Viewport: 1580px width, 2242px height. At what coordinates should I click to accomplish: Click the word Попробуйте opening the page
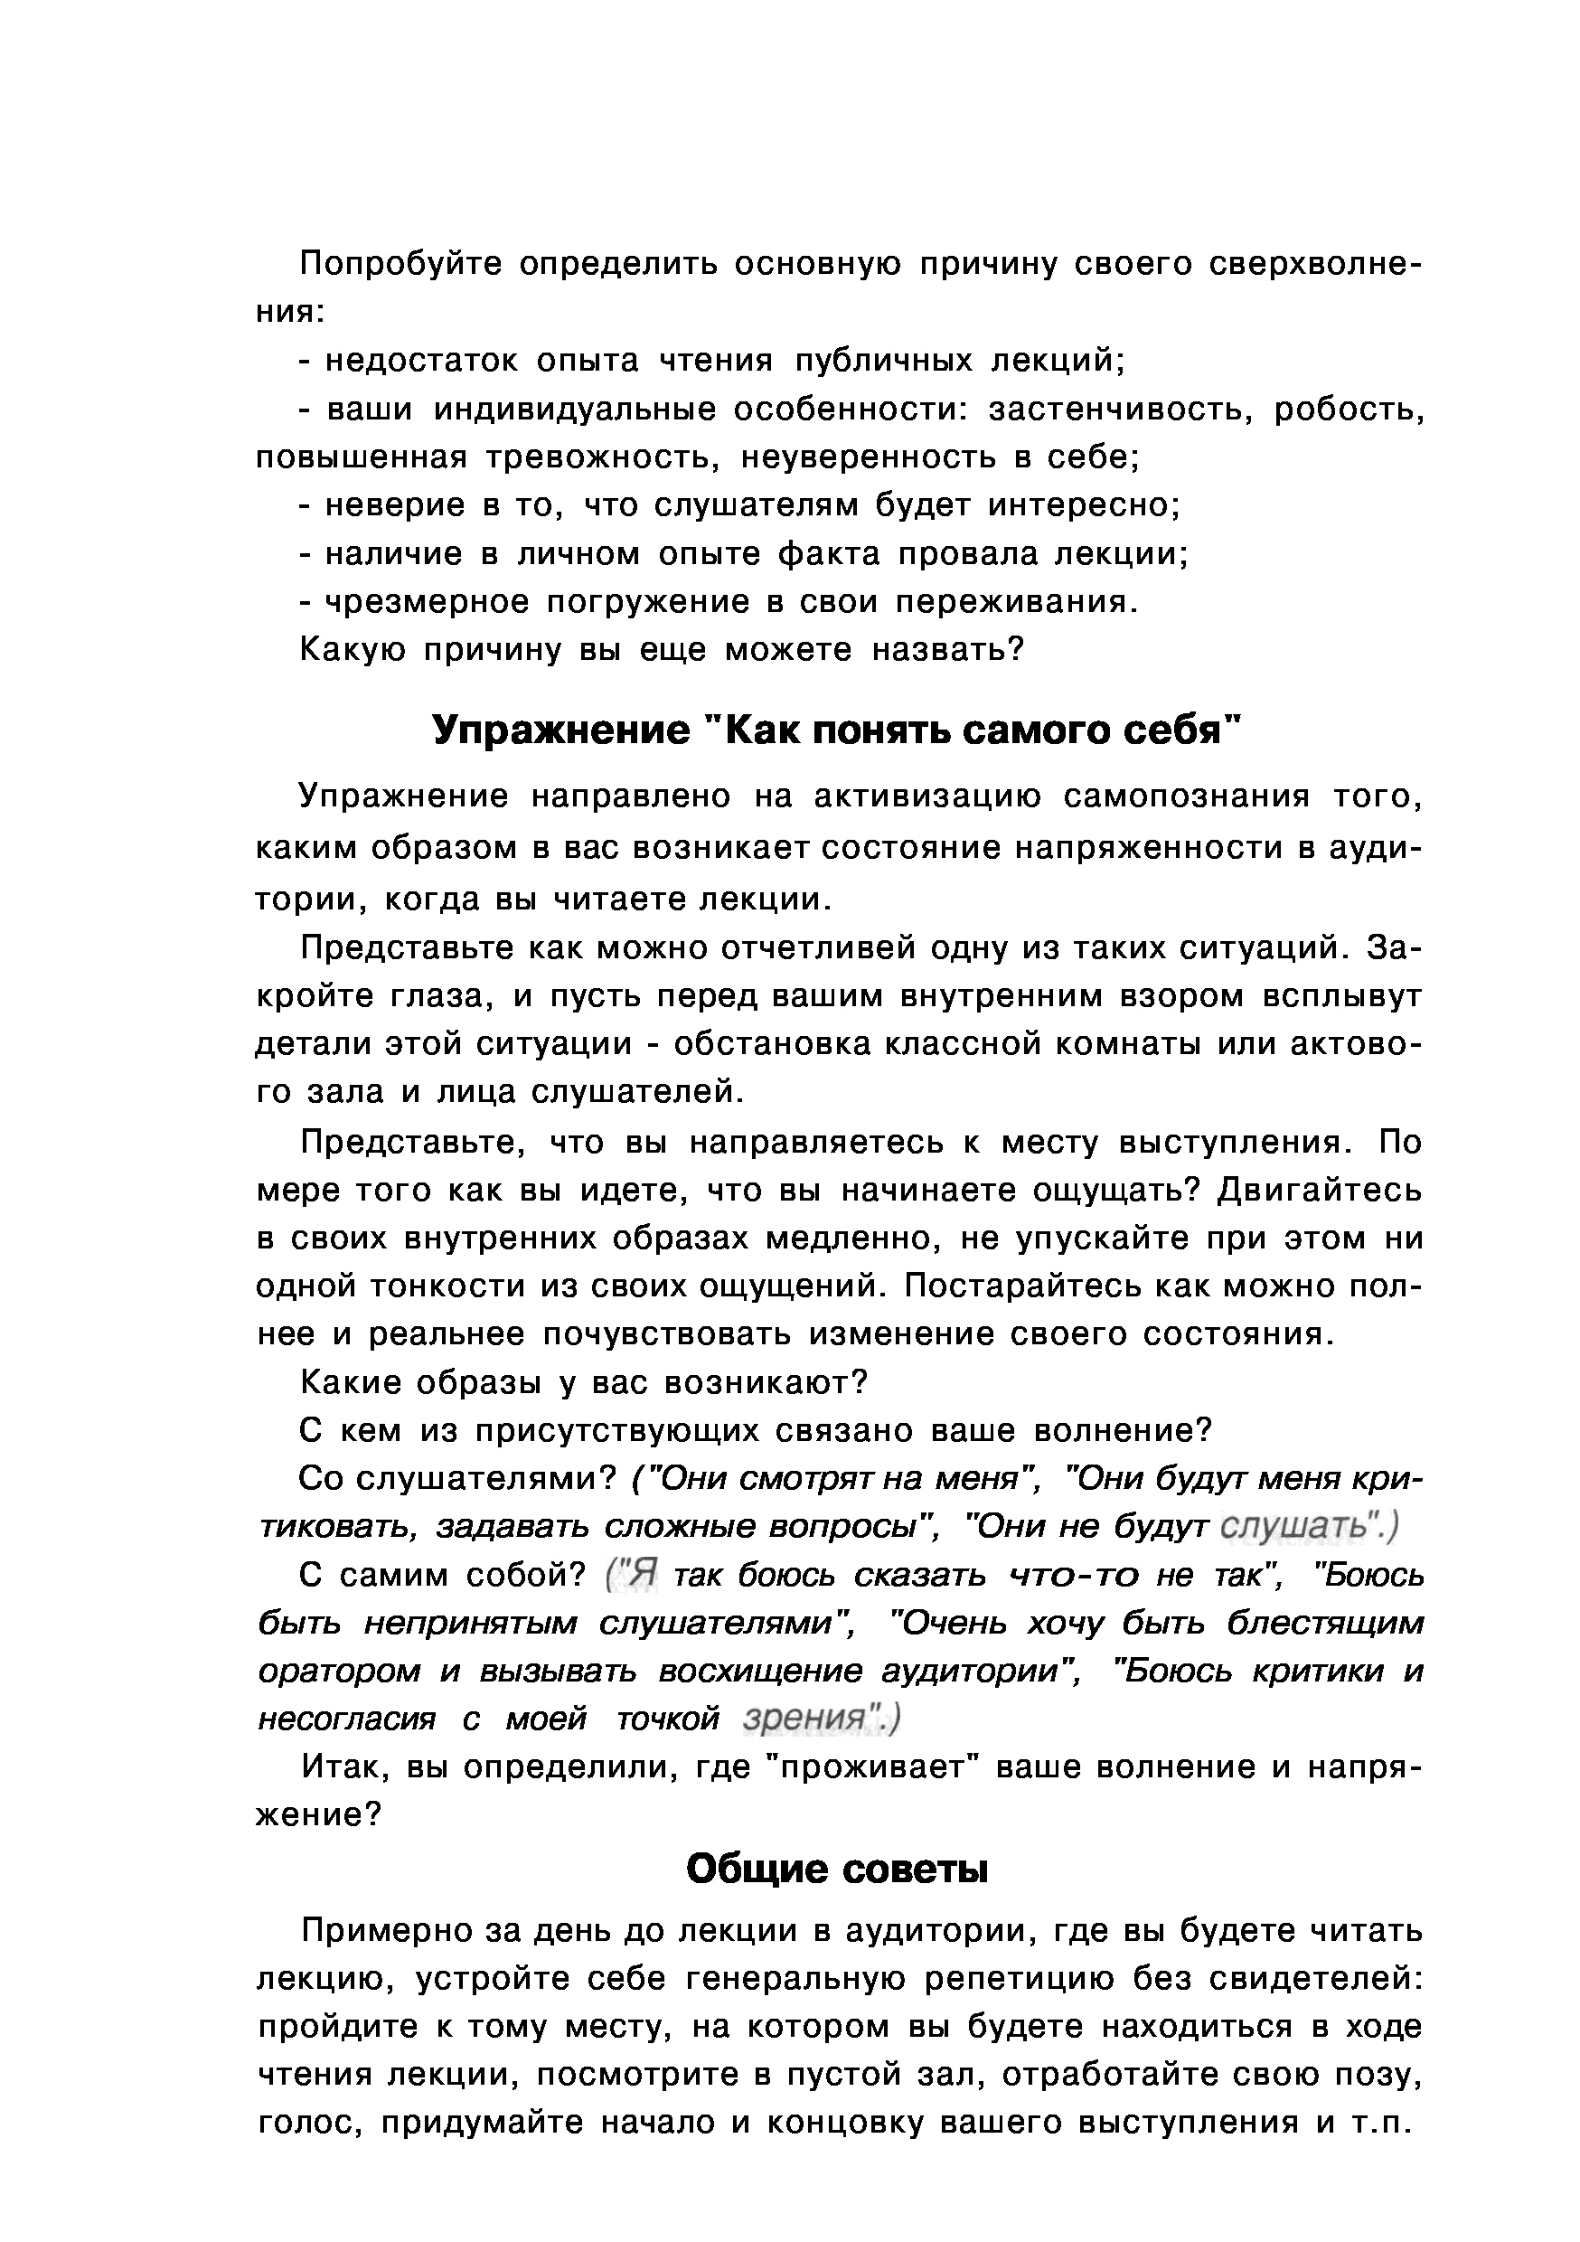tap(400, 265)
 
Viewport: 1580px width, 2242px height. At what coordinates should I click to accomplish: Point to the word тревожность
tap(601, 457)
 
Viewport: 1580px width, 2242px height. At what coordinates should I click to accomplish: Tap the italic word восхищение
tap(761, 1671)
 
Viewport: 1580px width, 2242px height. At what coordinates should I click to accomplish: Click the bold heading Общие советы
tap(837, 1869)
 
